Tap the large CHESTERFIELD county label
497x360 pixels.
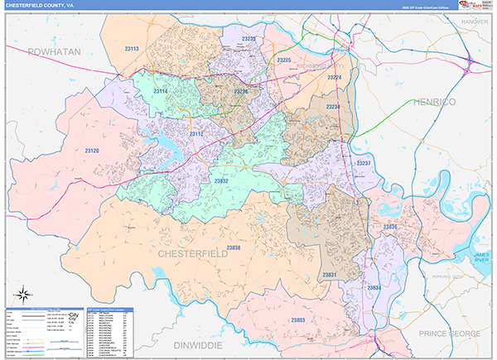[192, 253]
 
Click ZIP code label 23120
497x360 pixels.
[91, 151]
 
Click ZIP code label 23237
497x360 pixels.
[363, 164]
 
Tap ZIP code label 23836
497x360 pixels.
[390, 226]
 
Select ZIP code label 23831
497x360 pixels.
[330, 274]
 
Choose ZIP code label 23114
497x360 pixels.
[160, 90]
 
